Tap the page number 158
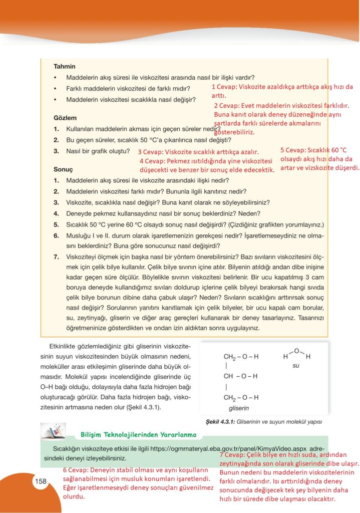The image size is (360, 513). coord(41,481)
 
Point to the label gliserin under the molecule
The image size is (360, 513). coord(238,408)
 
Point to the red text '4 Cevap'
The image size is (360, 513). coord(153,161)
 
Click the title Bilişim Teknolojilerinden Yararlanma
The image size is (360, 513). coord(138,433)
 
